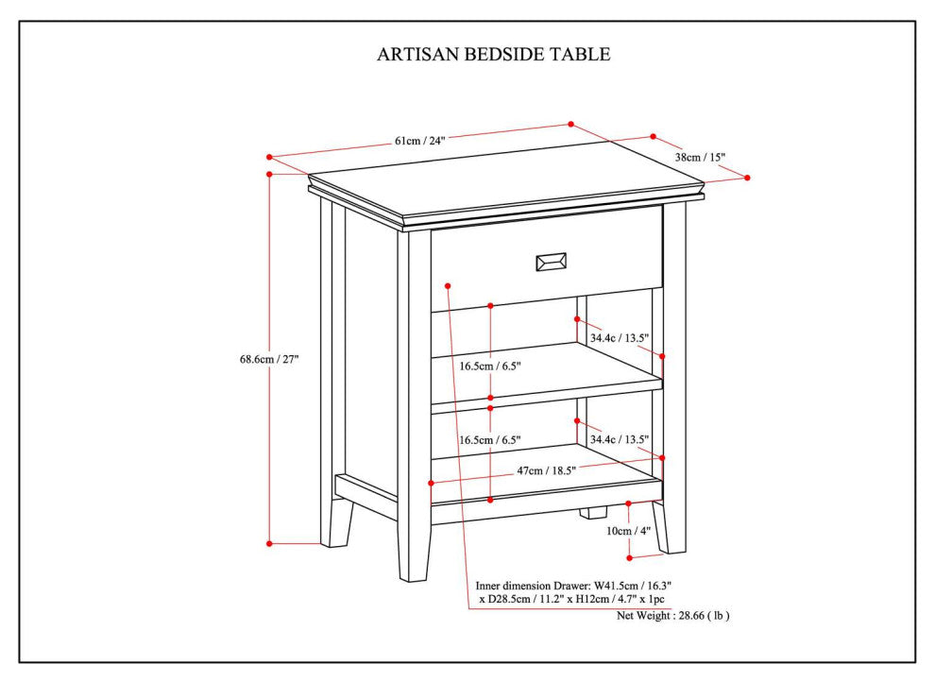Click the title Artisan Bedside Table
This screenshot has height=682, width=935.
click(x=494, y=54)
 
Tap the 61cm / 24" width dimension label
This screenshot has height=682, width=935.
click(x=419, y=141)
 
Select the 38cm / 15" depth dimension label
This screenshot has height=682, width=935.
click(x=700, y=157)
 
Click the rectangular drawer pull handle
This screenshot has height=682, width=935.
click(x=552, y=262)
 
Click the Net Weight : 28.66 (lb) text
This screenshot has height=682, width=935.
click(x=672, y=615)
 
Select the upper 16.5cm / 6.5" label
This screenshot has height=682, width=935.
click(x=490, y=366)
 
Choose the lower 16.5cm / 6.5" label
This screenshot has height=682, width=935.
click(x=490, y=440)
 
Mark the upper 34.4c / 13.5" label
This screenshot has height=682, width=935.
click(x=620, y=337)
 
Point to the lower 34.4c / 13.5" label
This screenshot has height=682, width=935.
click(x=620, y=439)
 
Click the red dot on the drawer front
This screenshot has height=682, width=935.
click(x=448, y=283)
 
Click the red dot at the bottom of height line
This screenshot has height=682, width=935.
click(x=269, y=543)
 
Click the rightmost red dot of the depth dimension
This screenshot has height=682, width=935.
click(x=747, y=177)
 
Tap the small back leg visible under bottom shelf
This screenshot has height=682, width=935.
click(x=592, y=513)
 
